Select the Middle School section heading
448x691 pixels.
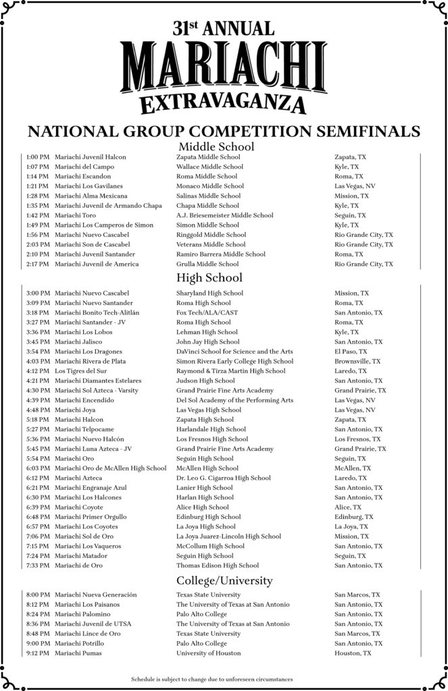click(x=216, y=146)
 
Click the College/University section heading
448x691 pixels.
click(x=224, y=580)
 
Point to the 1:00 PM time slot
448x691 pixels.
click(x=39, y=157)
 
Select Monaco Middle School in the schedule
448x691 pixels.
click(x=210, y=186)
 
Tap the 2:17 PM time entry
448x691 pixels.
click(x=39, y=264)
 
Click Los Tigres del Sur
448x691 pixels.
click(x=79, y=371)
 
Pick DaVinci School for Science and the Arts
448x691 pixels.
click(x=234, y=352)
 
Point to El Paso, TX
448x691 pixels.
click(x=351, y=352)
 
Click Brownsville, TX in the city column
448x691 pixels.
click(x=357, y=362)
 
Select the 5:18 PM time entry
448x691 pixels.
click(x=39, y=420)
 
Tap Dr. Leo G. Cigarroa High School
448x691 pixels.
click(x=224, y=478)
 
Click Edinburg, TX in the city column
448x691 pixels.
click(x=353, y=517)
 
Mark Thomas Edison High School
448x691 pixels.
click(x=218, y=565)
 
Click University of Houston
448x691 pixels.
click(x=208, y=653)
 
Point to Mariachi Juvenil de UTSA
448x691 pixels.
click(x=93, y=624)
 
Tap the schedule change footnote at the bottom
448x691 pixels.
click(x=211, y=679)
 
